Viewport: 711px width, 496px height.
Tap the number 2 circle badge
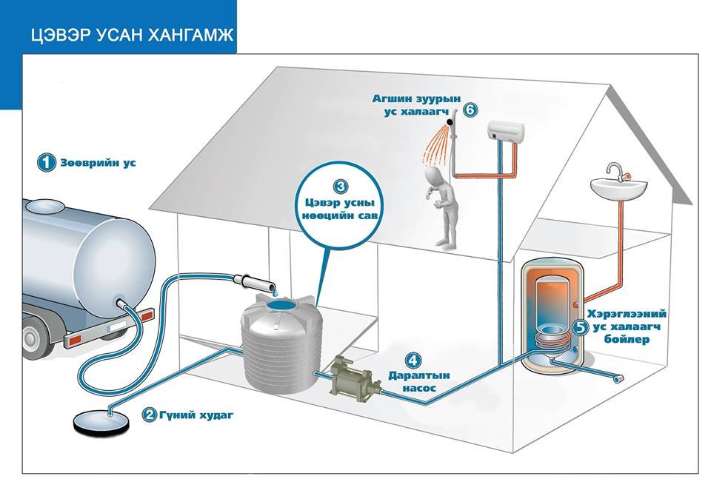(149, 415)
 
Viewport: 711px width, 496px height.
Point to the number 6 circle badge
(470, 110)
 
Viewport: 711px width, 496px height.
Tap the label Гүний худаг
(196, 415)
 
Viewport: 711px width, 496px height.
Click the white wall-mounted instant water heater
(507, 132)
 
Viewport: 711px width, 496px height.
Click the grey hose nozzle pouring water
(248, 281)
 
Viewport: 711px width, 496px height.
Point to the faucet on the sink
(613, 172)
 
